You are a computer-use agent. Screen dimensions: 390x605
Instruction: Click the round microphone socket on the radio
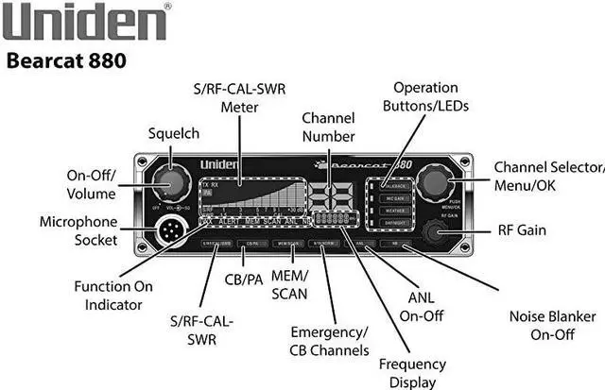point(171,229)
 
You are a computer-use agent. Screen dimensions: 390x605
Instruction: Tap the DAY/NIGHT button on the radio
point(395,222)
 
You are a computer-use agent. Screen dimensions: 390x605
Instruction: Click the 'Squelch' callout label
point(173,134)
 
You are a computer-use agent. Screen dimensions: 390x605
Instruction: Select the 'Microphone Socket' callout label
point(78,230)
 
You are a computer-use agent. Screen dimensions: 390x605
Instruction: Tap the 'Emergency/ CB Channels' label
point(330,341)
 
